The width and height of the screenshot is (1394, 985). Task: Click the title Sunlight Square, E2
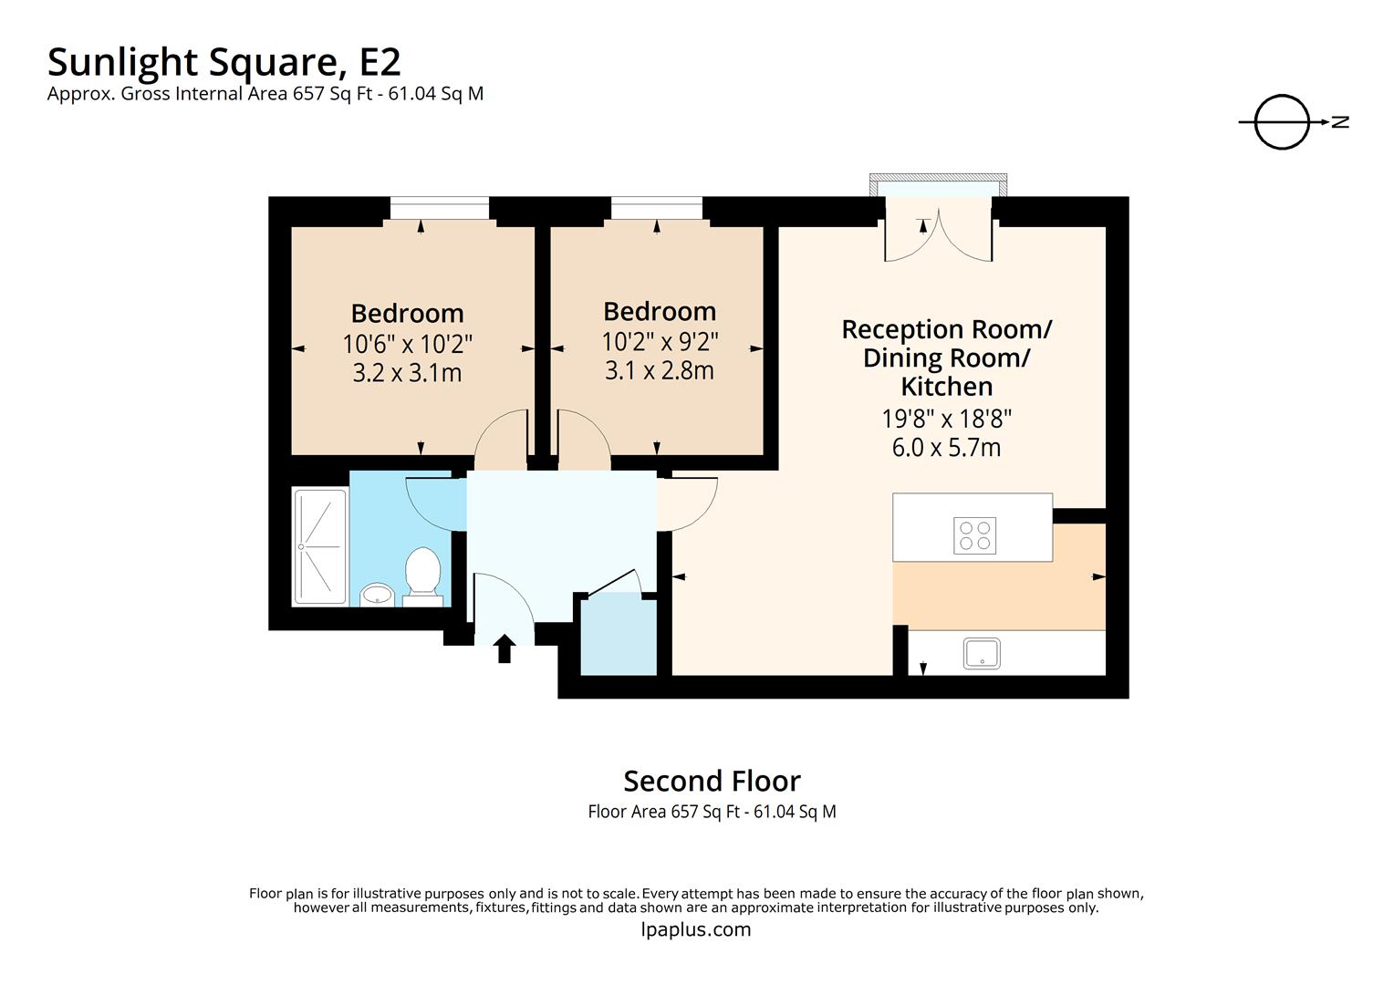224,62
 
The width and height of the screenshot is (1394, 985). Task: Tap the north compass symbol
1283,121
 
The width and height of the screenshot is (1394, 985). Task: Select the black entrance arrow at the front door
505,648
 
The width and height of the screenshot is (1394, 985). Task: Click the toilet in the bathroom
422,575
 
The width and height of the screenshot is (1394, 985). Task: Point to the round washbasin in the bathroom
376,596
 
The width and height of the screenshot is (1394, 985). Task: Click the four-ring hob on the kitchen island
974,535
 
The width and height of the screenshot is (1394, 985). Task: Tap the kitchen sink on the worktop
982,653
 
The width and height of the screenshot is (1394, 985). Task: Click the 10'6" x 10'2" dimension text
407,345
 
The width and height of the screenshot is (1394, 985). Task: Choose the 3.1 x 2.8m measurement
659,370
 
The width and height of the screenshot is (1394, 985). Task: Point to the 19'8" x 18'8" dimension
946,419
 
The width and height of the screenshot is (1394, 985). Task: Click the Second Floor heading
712,781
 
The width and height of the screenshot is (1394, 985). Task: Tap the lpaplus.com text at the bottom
696,929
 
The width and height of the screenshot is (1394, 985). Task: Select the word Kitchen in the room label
946,387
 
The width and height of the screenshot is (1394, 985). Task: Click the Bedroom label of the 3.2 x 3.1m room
407,313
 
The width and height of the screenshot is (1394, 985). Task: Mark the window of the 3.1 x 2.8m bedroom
657,210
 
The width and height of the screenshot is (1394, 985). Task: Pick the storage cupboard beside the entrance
619,635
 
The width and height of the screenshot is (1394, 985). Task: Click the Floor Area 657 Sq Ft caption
712,811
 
